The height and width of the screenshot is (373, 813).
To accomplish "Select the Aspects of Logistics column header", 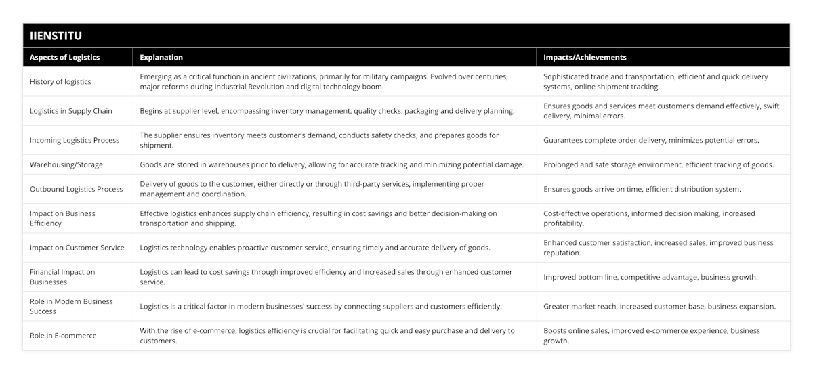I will (x=64, y=58).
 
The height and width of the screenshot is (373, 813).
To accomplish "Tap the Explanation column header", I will (x=161, y=58).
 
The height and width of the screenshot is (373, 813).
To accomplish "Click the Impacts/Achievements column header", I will (x=585, y=58).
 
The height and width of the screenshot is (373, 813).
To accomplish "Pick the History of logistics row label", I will (x=60, y=81).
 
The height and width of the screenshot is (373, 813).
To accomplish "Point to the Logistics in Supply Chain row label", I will (x=71, y=110).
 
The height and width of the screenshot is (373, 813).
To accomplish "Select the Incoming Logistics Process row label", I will (x=75, y=140).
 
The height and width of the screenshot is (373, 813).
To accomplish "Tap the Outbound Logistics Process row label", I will (x=75, y=189).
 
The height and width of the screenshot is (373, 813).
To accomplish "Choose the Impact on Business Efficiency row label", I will (x=62, y=218).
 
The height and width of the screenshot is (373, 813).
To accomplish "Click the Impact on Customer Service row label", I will (x=77, y=248).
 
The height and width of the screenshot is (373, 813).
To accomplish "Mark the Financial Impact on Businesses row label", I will (x=62, y=277).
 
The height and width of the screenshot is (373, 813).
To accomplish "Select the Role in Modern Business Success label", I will (x=71, y=306).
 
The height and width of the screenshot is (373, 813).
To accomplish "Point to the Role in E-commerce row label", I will (x=63, y=336).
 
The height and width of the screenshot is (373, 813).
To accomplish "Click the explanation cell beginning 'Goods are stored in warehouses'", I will (x=332, y=164).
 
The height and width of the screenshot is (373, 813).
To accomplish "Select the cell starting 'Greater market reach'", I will (x=659, y=306).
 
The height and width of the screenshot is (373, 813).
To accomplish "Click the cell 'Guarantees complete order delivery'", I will (x=651, y=140).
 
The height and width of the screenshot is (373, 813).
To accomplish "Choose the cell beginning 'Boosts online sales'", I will (x=652, y=336).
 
